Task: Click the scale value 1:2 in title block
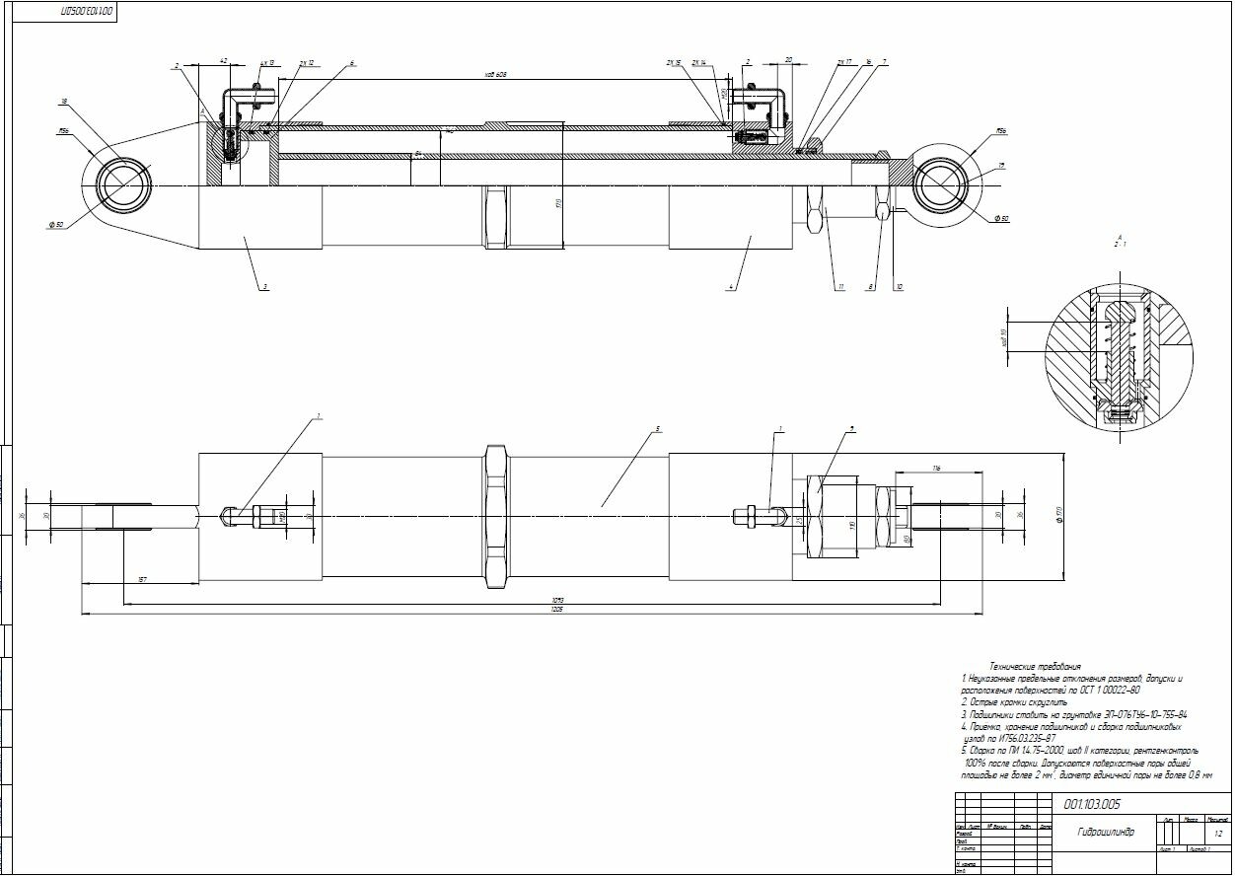1218,834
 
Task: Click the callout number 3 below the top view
264,287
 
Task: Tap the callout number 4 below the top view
731,287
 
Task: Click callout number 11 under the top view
841,287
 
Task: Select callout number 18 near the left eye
63,102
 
